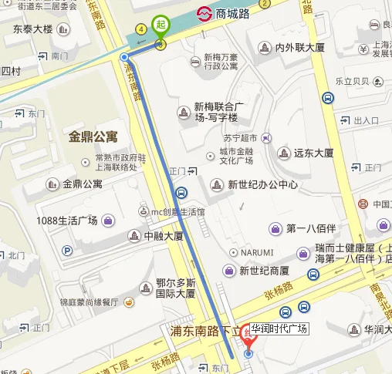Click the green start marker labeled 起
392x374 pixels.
tap(161, 26)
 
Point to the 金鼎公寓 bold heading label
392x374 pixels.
tap(93, 136)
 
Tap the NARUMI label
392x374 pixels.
tap(256, 252)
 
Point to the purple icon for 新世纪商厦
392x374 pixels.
tap(228, 270)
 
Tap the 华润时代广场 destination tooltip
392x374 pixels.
tap(279, 329)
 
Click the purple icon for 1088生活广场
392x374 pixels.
tap(109, 221)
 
